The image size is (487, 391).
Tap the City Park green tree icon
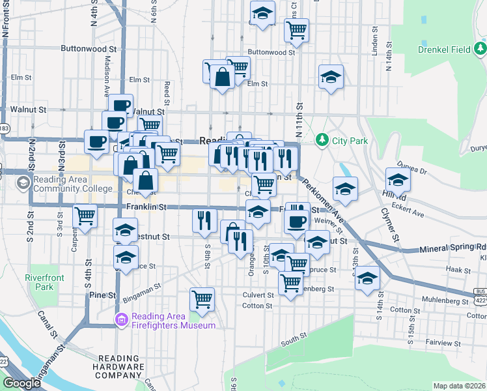tap(321, 140)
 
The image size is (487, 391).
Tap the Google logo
tap(21, 383)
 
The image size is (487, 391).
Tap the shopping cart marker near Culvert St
tap(202, 299)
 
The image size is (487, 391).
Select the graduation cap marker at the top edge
tap(262, 12)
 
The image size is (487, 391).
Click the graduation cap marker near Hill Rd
tap(397, 179)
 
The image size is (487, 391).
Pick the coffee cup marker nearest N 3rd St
tap(97, 141)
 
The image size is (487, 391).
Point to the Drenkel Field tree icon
tap(480, 48)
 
